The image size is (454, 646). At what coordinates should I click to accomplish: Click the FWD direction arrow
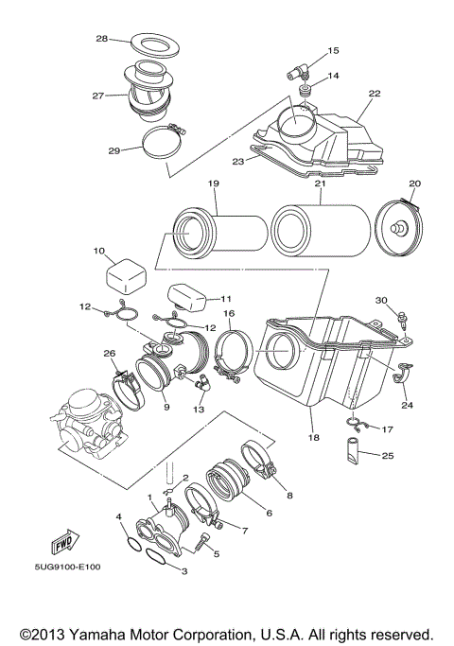click(64, 541)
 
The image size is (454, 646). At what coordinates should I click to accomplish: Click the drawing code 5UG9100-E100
click(67, 567)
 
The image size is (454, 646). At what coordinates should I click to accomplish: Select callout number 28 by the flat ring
click(102, 39)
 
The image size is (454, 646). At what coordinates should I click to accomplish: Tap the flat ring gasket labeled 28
click(155, 45)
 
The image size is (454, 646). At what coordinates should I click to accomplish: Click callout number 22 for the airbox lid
click(374, 94)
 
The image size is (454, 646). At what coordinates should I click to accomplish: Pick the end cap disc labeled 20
click(400, 227)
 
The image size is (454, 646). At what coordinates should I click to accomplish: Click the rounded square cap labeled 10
click(127, 276)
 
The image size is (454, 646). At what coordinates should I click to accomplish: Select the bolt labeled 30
click(402, 320)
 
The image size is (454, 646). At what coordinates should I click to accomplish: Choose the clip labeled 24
click(402, 373)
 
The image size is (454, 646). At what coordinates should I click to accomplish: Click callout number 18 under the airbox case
click(314, 437)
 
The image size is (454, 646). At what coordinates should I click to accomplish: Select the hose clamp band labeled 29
click(165, 144)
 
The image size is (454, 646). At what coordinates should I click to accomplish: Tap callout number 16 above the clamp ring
click(229, 313)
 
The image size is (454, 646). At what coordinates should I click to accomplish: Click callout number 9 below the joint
click(166, 407)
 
